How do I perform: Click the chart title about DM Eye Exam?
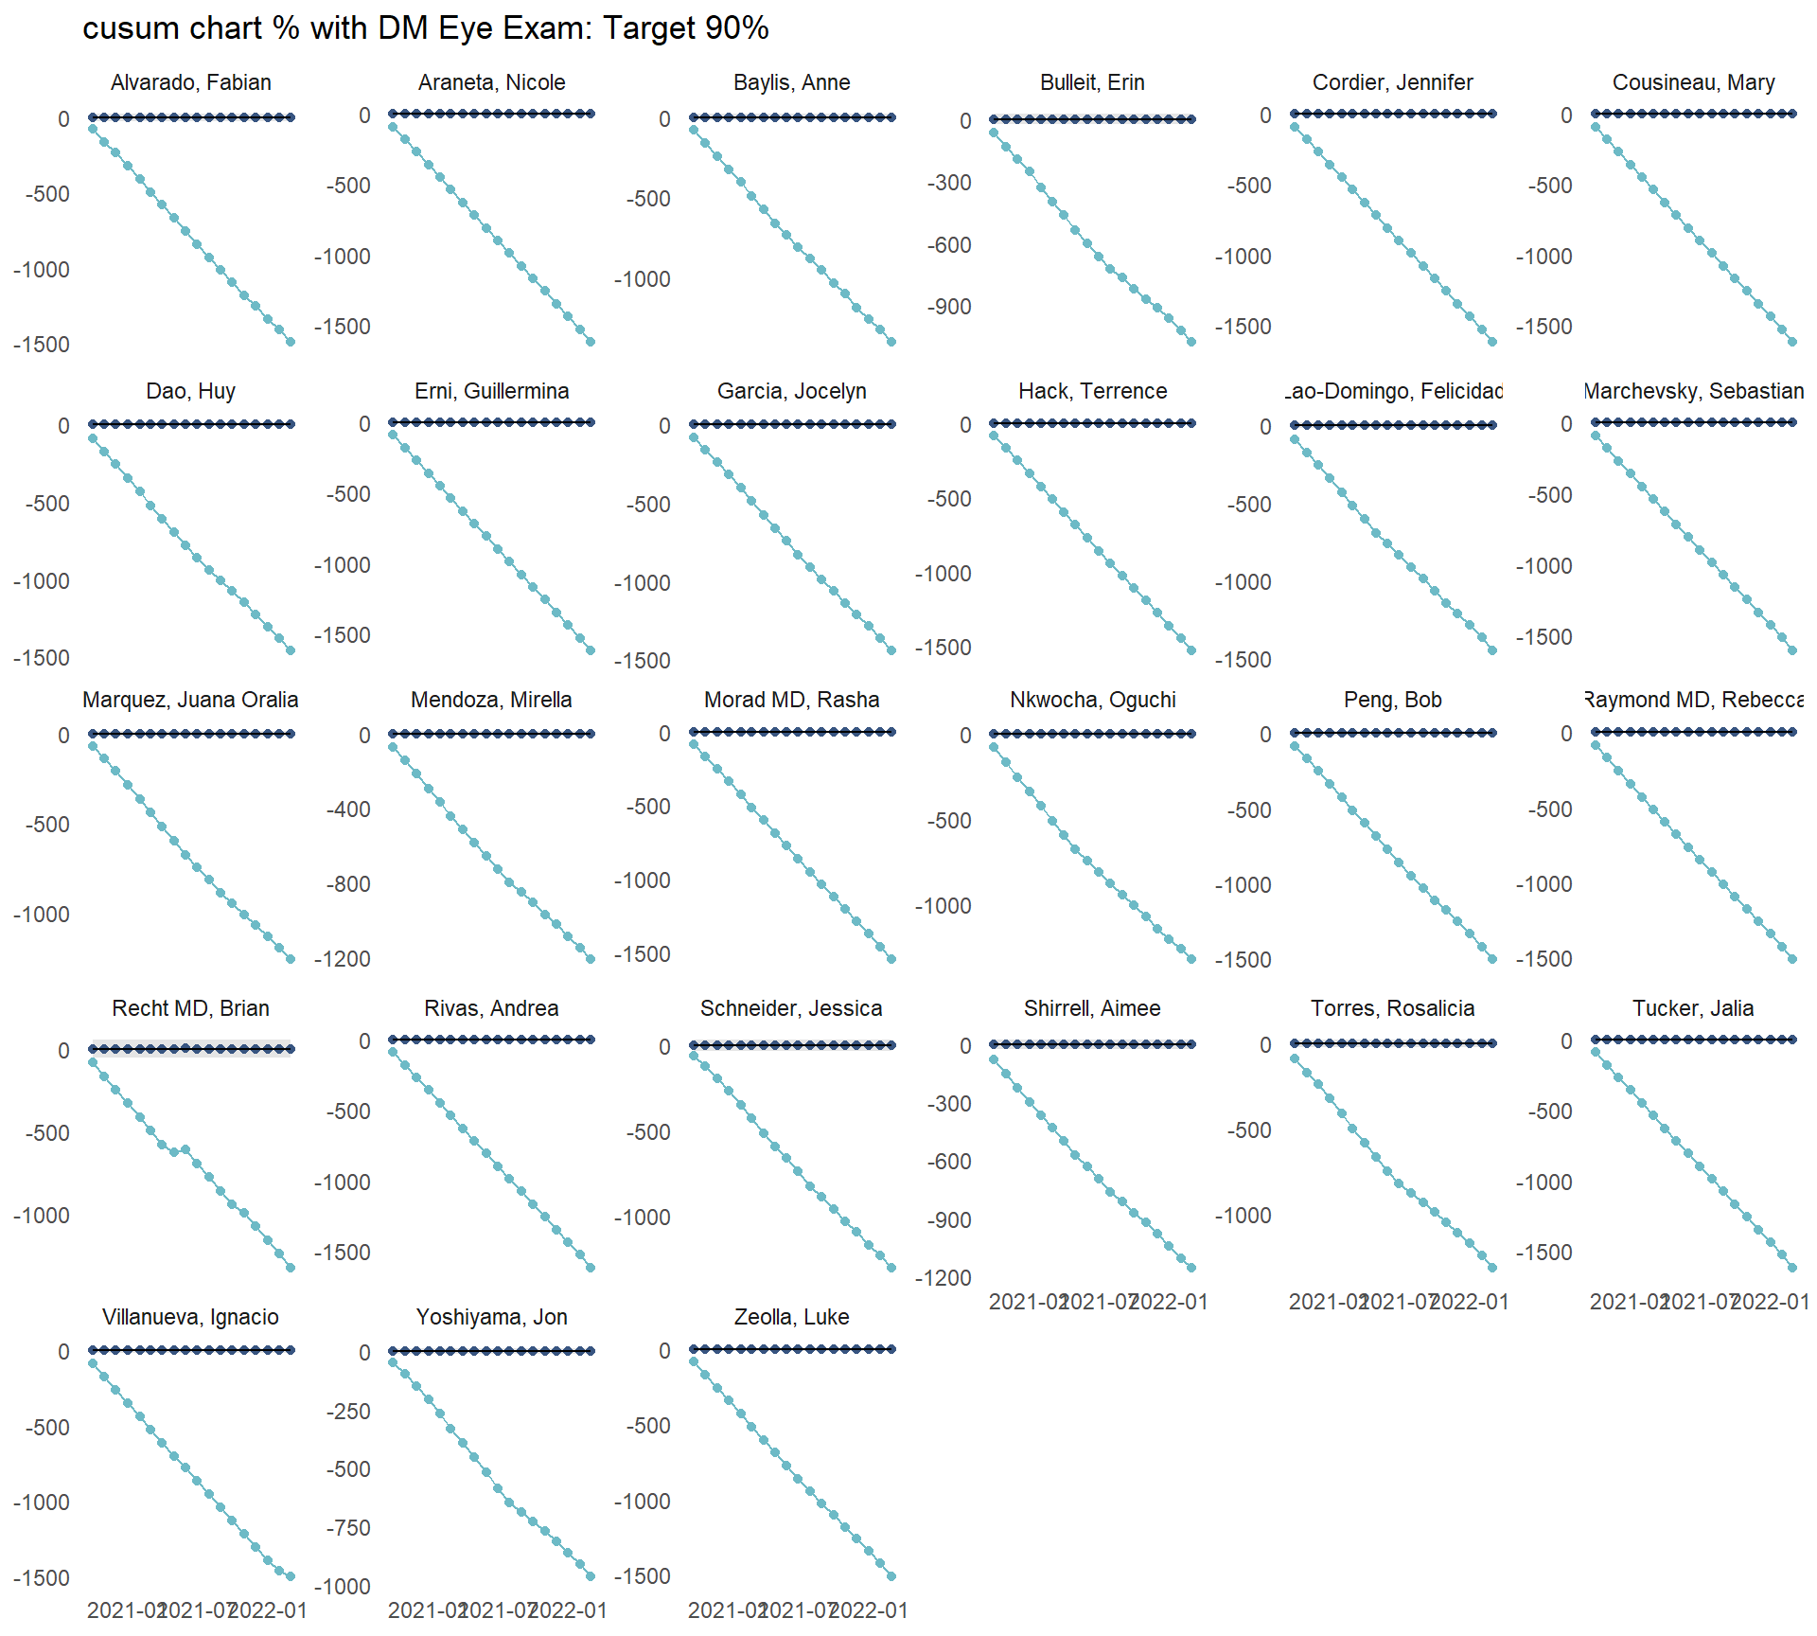425,28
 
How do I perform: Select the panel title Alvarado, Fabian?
190,82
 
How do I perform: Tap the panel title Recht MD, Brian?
190,1008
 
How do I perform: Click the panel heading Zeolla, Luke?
791,1317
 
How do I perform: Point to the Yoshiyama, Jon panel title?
491,1317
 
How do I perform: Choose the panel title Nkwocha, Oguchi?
1092,700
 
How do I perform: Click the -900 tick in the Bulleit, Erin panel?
949,307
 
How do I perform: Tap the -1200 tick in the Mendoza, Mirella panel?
343,959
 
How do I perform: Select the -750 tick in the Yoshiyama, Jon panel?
348,1528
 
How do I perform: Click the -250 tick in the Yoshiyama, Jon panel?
348,1412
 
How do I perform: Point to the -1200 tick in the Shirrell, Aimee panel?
943,1278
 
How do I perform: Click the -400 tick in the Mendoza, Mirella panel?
348,809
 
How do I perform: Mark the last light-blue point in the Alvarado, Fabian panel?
291,342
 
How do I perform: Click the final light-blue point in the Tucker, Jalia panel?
1792,1267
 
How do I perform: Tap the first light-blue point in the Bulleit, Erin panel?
994,133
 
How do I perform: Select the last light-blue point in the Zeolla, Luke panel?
891,1576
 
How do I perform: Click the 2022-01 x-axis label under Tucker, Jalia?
1771,1302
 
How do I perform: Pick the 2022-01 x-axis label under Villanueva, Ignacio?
269,1610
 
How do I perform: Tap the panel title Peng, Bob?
1392,700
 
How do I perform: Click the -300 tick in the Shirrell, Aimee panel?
949,1104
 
